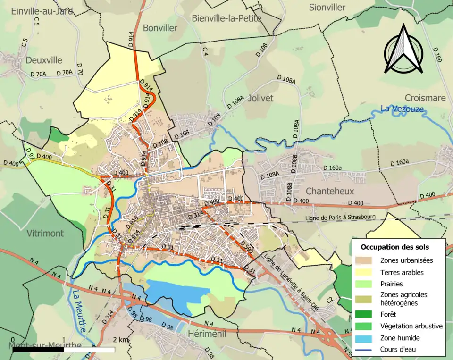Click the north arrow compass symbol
pos(403,49)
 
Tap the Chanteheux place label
pos(330,191)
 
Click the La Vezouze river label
pos(402,109)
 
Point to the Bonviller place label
pos(160,28)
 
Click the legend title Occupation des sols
pos(395,247)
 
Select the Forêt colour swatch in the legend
pos(364,315)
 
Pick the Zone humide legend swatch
pos(364,338)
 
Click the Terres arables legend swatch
pos(364,272)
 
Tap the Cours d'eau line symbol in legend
pos(364,350)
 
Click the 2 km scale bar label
pos(120,340)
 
